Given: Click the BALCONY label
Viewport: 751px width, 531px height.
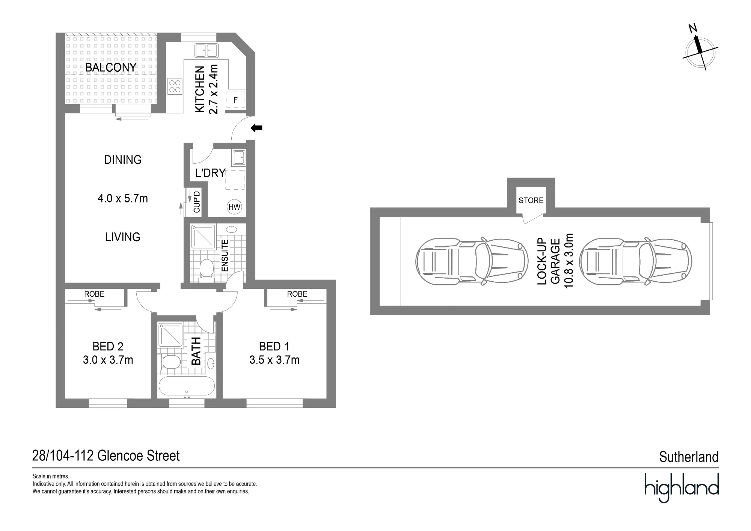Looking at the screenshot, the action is (111, 68).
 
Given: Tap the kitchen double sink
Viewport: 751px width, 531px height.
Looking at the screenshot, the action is (206, 50).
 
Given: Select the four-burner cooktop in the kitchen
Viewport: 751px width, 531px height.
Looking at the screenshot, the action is (175, 86).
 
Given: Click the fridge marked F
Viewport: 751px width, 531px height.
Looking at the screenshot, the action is (235, 100).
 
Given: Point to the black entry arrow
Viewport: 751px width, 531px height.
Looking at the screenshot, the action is (256, 128).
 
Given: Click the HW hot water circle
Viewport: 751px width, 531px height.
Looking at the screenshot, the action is (234, 207).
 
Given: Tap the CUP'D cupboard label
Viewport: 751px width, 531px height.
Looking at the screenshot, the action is (197, 202).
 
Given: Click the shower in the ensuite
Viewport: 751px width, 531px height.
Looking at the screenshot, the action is (203, 237).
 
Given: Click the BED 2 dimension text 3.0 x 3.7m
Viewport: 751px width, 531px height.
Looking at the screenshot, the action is (108, 360).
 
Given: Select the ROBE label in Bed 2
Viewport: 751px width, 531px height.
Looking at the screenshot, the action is (94, 294).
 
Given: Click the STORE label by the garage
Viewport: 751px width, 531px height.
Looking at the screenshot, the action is (531, 201).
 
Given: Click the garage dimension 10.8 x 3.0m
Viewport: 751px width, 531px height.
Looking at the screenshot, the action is (569, 261).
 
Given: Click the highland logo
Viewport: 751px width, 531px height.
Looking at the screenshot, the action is (682, 487).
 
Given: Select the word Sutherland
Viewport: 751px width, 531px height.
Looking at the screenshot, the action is (689, 457).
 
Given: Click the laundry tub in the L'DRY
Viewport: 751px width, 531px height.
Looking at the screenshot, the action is (239, 158).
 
